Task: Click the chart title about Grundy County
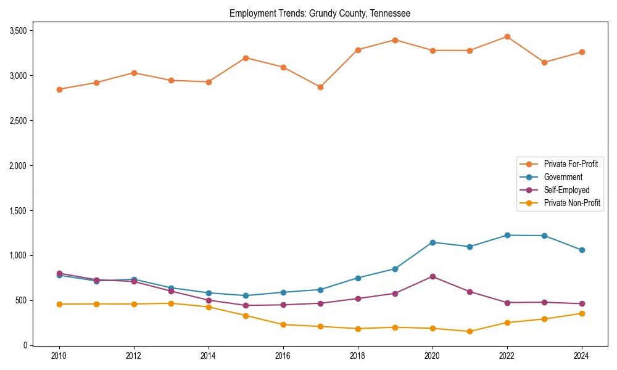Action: coord(320,13)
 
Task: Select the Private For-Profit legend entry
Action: coord(570,164)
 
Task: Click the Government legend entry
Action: coord(563,177)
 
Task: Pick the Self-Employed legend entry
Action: coord(566,190)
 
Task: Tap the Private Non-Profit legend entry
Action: coord(572,203)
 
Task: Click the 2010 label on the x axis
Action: coord(59,356)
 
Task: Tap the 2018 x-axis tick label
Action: coord(358,356)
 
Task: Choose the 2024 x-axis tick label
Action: coord(582,356)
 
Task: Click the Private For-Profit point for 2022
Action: coord(507,36)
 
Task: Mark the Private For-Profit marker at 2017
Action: coord(320,87)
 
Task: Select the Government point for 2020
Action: coord(433,242)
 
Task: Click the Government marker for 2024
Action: coord(582,250)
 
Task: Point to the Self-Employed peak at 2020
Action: coord(433,276)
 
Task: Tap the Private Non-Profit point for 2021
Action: coord(470,331)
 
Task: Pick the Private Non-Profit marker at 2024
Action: coord(582,313)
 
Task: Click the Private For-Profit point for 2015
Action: coord(246,58)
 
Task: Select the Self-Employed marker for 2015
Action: coord(246,305)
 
